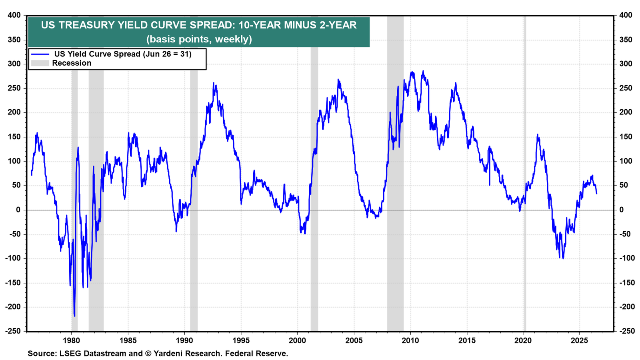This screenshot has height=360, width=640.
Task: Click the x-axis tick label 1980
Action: coord(72,340)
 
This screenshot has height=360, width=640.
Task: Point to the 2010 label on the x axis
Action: coord(410,340)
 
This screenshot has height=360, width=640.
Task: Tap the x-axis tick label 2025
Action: coord(580,340)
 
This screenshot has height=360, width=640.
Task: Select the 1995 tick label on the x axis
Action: coord(241,340)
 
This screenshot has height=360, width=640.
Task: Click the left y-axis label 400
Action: coord(14,15)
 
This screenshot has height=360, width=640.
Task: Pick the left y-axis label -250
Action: coord(13,331)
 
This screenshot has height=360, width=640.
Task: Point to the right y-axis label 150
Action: coord(626,137)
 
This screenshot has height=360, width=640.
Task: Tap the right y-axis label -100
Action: coord(626,258)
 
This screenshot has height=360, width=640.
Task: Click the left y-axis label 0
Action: coord(18,210)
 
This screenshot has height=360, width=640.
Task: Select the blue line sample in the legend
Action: coord(40,54)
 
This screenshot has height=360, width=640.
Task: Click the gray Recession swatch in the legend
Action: coord(40,63)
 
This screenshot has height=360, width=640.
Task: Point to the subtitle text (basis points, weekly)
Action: coord(199,39)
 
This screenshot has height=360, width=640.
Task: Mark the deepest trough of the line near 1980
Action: coord(74,316)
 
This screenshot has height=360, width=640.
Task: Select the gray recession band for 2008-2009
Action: coord(396,173)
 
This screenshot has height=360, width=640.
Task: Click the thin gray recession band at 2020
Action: coord(525,173)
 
